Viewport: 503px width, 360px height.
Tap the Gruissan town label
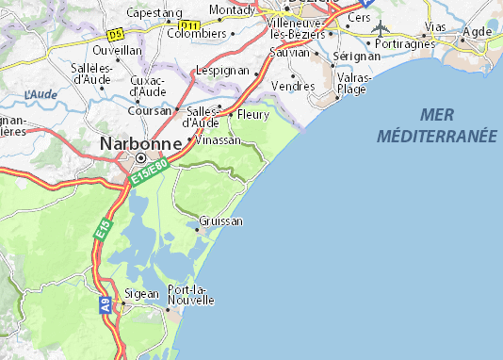pyautogui.click(x=221, y=221)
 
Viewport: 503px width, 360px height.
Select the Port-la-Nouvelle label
pyautogui.click(x=190, y=294)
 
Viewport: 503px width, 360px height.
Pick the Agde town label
pyautogui.click(x=478, y=30)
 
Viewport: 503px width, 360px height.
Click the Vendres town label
pyautogui.click(x=292, y=85)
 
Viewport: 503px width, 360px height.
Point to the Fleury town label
pyautogui.click(x=253, y=115)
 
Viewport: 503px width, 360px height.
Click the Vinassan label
pyautogui.click(x=219, y=139)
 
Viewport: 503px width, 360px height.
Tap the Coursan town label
pyautogui.click(x=149, y=110)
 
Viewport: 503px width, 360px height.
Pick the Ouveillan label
pyautogui.click(x=117, y=49)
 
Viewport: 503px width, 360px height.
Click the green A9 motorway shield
pyautogui.click(x=105, y=304)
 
